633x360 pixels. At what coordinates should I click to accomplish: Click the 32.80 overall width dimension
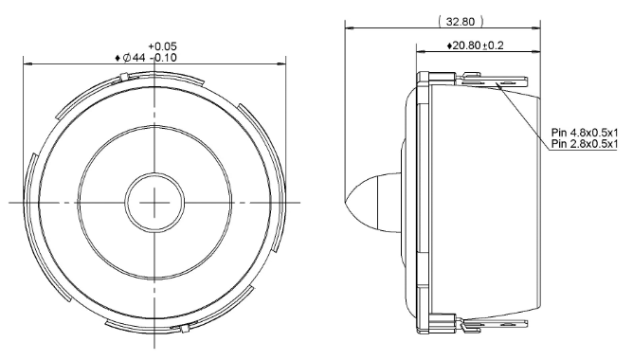pos(461,22)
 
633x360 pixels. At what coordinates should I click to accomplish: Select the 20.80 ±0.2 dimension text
pos(476,45)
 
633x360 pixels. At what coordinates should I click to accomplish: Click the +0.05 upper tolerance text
pos(162,46)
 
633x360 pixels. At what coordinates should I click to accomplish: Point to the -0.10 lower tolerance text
pos(164,58)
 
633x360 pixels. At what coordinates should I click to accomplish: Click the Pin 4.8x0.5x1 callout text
pos(585,133)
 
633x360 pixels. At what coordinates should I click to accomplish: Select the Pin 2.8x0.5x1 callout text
pos(585,144)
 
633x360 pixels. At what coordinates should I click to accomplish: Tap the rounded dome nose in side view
pos(372,203)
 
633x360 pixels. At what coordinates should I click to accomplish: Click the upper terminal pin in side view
pos(492,81)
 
